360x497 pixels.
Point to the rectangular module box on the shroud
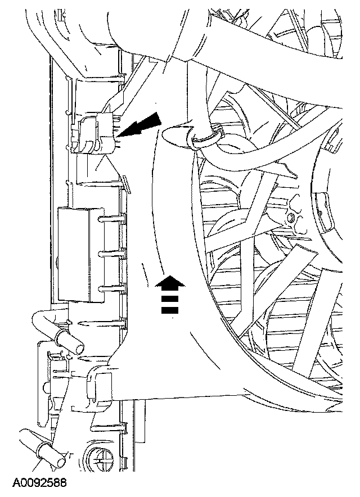79,252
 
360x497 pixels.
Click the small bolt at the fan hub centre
291,217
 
